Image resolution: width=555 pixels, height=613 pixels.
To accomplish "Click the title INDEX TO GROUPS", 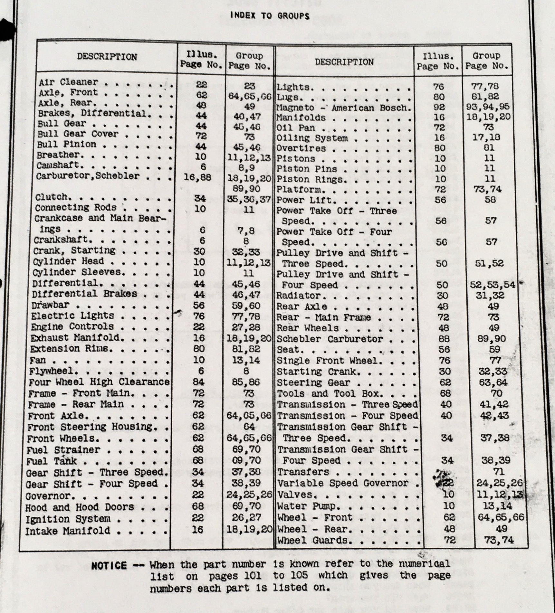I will pyautogui.click(x=270, y=16).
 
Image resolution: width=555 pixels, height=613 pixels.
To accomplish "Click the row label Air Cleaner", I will pyautogui.click(x=68, y=82).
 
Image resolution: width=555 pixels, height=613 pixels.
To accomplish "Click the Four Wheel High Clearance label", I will pyautogui.click(x=99, y=382).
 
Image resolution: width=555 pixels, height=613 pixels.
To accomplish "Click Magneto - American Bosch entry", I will pyautogui.click(x=344, y=108).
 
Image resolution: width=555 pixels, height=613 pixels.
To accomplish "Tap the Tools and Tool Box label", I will pyautogui.click(x=330, y=394).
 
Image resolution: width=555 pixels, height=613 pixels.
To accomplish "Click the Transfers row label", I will pyautogui.click(x=303, y=472).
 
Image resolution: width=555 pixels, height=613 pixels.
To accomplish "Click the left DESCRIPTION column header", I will pyautogui.click(x=107, y=57).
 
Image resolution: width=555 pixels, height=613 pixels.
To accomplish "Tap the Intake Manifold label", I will pyautogui.click(x=68, y=531).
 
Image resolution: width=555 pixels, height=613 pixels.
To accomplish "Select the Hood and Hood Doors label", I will pyautogui.click(x=80, y=507).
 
